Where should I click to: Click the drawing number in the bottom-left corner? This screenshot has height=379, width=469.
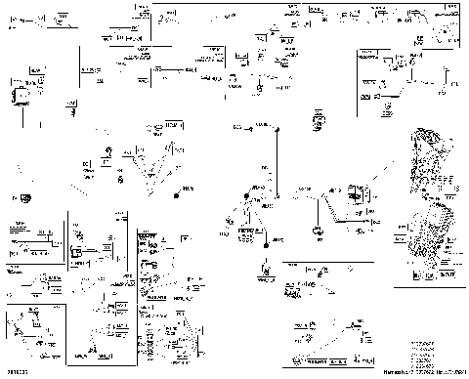(17, 371)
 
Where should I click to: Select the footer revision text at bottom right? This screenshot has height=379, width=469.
(419, 372)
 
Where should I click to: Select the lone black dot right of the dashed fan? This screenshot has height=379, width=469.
(177, 195)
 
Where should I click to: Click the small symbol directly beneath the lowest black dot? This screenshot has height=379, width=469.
(264, 268)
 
